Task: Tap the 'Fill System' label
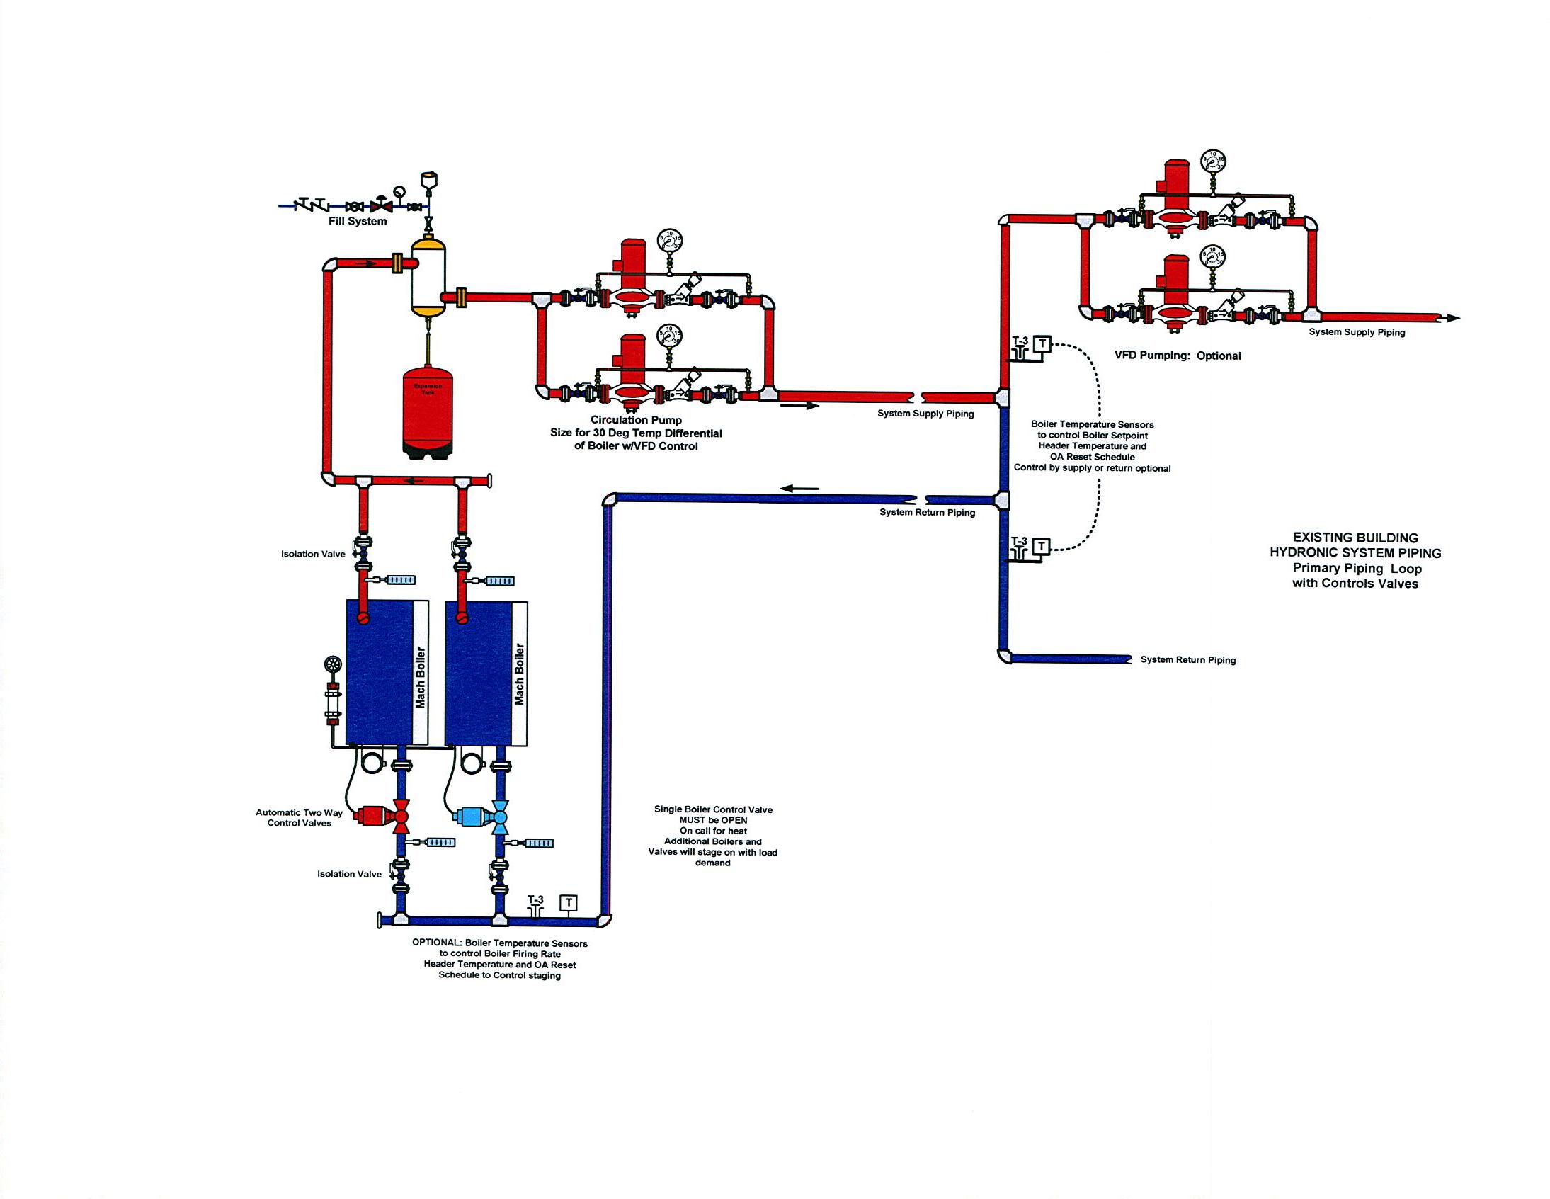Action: (357, 222)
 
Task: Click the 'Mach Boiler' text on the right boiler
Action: (519, 674)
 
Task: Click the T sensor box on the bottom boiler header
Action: (568, 902)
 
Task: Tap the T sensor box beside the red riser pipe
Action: (1041, 344)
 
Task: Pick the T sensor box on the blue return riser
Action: (1041, 546)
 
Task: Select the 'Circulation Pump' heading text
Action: (636, 420)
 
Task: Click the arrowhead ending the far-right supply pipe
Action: (1453, 318)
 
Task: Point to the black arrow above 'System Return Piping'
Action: (799, 489)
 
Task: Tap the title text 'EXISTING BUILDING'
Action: (1355, 538)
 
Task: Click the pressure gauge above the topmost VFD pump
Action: (1213, 162)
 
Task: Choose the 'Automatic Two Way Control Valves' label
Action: (299, 818)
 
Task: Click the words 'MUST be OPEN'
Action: (712, 820)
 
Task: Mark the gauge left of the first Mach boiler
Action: (332, 664)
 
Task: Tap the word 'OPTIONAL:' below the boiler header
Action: (435, 943)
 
